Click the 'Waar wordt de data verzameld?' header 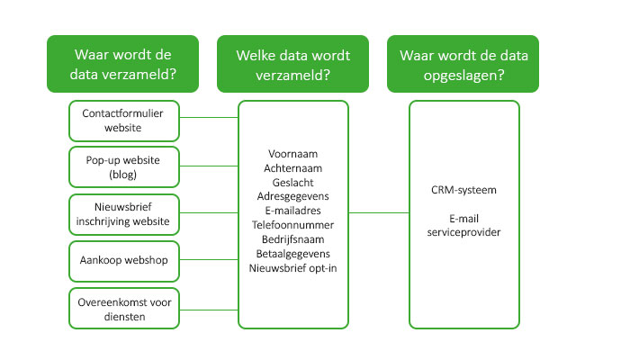coord(123,64)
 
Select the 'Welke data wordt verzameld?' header coord(292,64)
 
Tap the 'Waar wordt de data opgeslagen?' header coord(463,64)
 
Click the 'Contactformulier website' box coord(124,121)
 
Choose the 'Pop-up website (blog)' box coord(124,167)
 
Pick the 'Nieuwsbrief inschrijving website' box coord(124,214)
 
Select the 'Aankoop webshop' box coord(124,261)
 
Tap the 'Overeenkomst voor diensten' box coord(124,308)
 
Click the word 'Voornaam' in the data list coord(292,154)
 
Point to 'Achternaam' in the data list coord(292,168)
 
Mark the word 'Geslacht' coord(292,183)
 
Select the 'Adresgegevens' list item coord(292,196)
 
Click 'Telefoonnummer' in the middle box coord(292,225)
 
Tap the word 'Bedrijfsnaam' coord(292,239)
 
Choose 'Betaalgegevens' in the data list coord(292,254)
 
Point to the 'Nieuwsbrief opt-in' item coord(292,268)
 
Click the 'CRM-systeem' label coord(463,190)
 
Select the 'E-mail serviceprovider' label coord(463,225)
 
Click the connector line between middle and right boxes coord(379,213)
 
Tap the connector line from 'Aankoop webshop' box coord(209,260)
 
